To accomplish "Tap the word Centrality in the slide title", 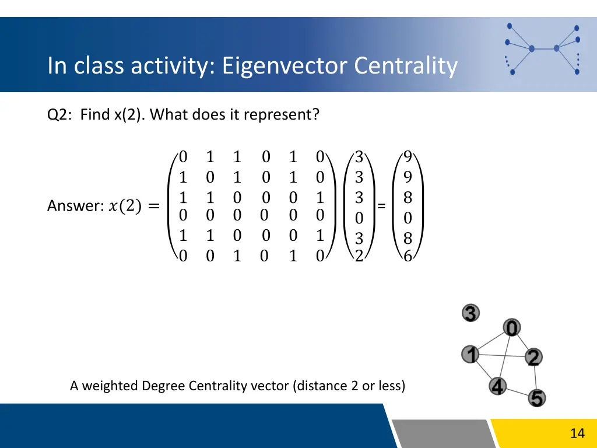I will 406,66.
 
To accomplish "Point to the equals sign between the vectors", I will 381,206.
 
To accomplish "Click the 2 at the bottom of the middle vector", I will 359,256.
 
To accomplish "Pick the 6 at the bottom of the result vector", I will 408,256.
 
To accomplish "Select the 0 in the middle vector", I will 359,218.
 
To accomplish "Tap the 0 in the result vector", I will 408,218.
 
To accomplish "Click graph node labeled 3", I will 471,313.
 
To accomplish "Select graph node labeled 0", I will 511,328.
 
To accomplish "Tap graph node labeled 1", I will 470,353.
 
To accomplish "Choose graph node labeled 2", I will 533,357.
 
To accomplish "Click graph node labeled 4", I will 497,386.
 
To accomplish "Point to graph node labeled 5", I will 537,398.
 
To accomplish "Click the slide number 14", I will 577,433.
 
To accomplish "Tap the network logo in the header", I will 542,48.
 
